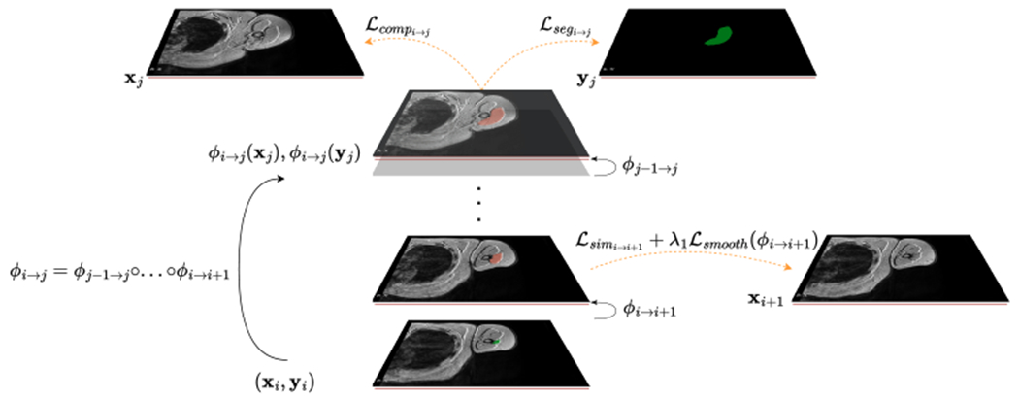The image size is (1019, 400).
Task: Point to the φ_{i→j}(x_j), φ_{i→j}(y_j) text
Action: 284,156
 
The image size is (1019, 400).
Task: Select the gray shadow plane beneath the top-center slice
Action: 480,168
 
